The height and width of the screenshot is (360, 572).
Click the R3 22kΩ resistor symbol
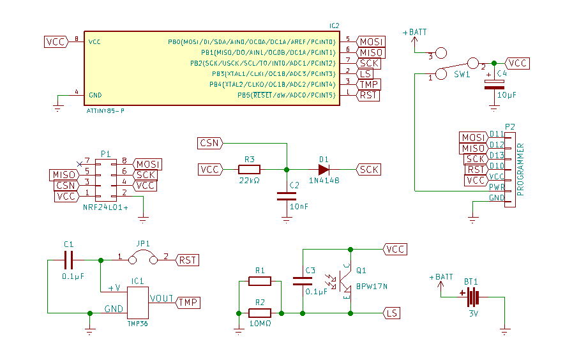pos(250,170)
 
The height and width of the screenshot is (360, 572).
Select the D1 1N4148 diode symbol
pos(324,170)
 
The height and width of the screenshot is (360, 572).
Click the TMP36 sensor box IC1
pos(138,303)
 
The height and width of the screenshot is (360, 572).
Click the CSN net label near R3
pos(209,142)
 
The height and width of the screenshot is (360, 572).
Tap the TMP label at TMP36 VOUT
pos(187,302)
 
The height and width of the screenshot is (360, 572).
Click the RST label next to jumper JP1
pos(187,260)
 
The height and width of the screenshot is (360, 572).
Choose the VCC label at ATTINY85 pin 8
pos(56,41)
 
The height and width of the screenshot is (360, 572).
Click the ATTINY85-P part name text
pos(105,111)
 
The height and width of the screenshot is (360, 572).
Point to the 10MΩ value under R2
pos(259,324)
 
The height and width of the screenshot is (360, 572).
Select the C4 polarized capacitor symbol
pos(491,84)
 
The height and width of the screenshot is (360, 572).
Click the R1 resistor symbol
pos(259,281)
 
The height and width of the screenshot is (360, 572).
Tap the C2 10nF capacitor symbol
pos(287,196)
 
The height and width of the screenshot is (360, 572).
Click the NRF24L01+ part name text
pos(105,208)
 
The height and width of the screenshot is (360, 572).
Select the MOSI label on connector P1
pos(147,165)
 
